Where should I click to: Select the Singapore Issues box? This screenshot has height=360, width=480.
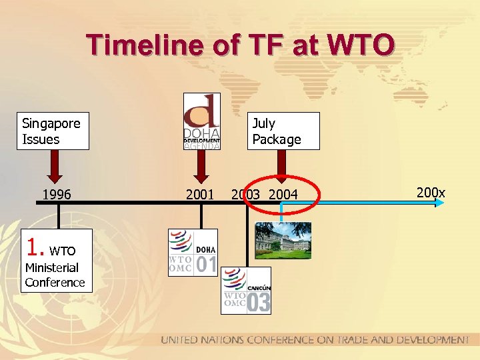click(x=53, y=131)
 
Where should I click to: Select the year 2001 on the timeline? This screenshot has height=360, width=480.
click(x=200, y=194)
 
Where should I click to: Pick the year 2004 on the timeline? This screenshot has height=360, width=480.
click(x=283, y=194)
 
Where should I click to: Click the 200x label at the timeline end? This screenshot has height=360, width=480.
click(x=430, y=193)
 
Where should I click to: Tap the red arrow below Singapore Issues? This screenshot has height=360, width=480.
click(x=56, y=166)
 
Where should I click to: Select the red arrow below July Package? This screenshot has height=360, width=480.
click(x=281, y=166)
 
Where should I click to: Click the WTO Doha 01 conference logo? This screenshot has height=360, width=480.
click(x=193, y=251)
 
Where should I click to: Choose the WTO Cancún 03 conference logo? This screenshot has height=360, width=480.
click(x=246, y=290)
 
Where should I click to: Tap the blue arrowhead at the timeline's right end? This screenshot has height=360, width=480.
click(x=439, y=203)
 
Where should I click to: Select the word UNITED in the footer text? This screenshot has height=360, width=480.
click(x=180, y=340)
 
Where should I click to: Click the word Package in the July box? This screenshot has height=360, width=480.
click(x=276, y=139)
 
